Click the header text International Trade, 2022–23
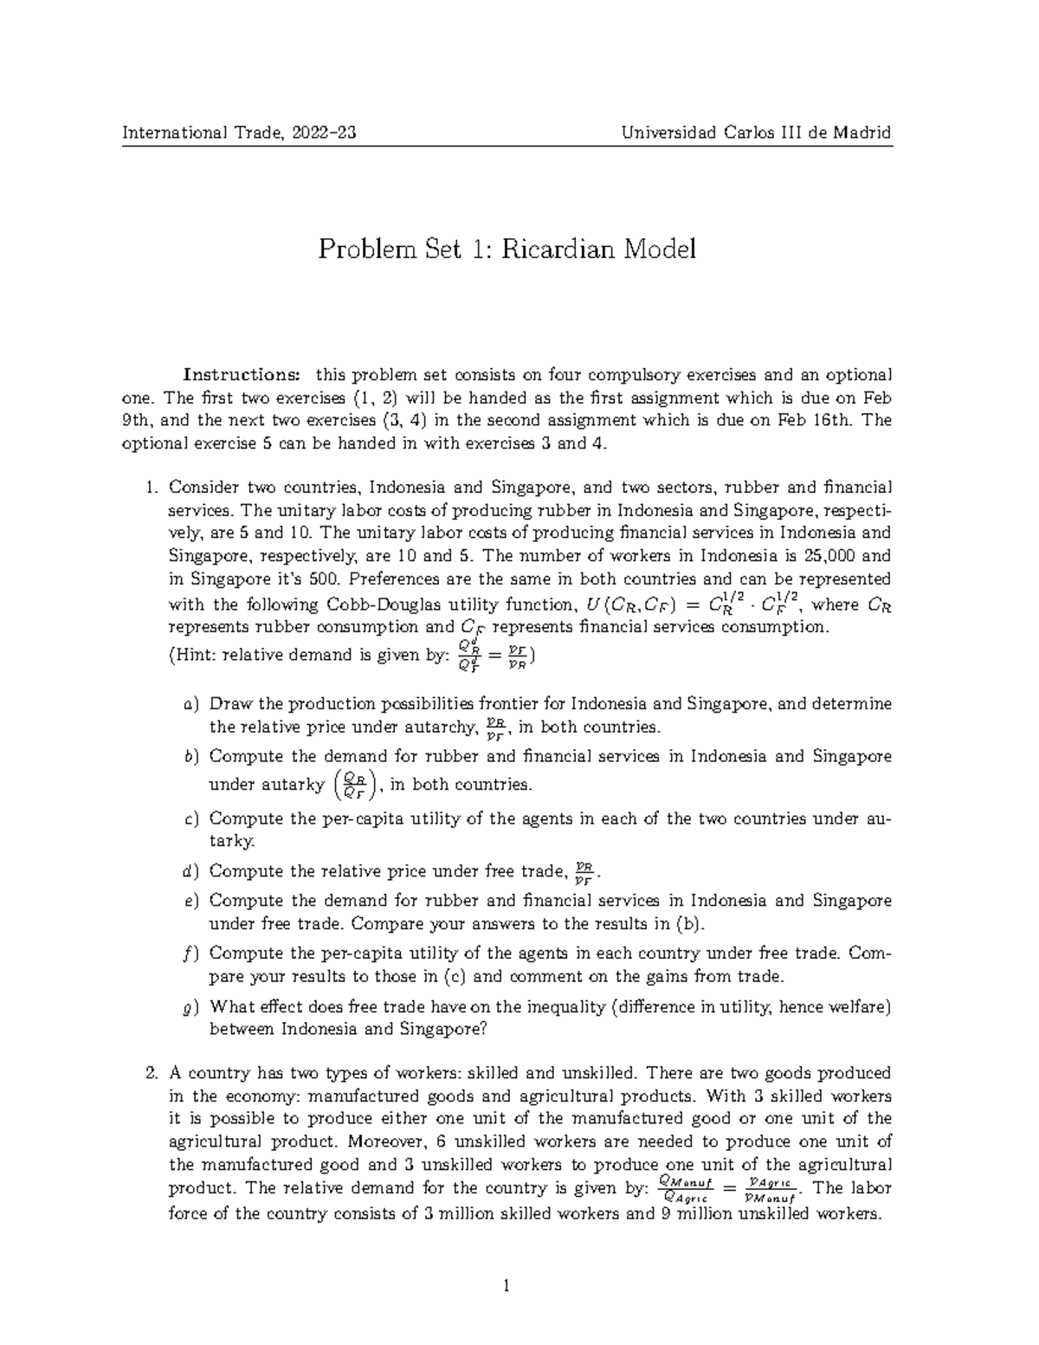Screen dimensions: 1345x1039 [240, 133]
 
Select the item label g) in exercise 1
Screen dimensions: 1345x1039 [191, 1007]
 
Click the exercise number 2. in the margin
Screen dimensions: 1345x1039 [152, 1073]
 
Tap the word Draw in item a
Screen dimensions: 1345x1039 [227, 704]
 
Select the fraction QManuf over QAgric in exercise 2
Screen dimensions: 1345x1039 [684, 1188]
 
